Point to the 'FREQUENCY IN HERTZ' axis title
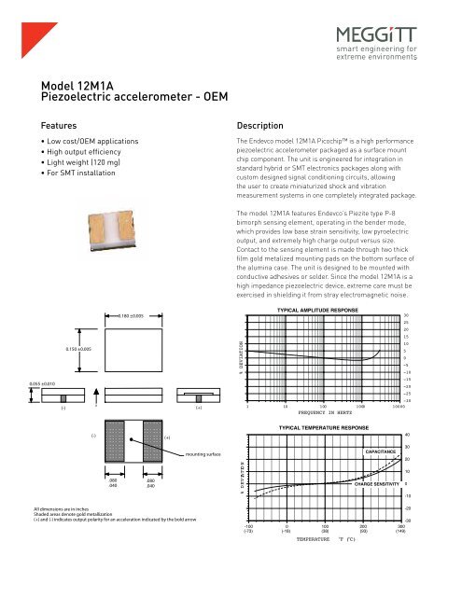(x=325, y=411)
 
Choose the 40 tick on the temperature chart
(x=433, y=435)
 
